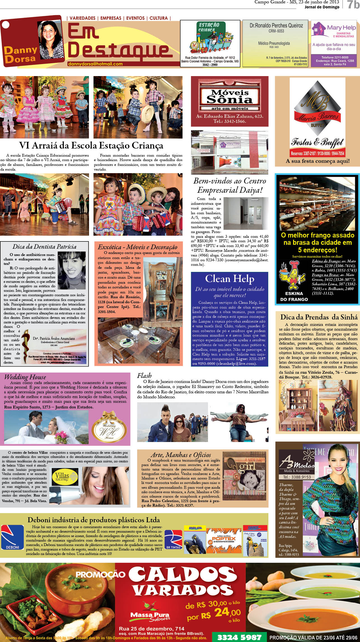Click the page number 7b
click(x=352, y=5)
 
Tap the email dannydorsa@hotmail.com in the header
click(x=95, y=64)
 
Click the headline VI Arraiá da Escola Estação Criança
click(x=91, y=145)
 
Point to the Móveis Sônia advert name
click(x=230, y=96)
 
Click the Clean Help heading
click(x=230, y=279)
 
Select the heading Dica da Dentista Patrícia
click(x=44, y=247)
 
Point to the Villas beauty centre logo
click(x=65, y=475)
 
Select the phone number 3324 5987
click(x=239, y=636)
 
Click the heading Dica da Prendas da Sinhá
click(x=319, y=317)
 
